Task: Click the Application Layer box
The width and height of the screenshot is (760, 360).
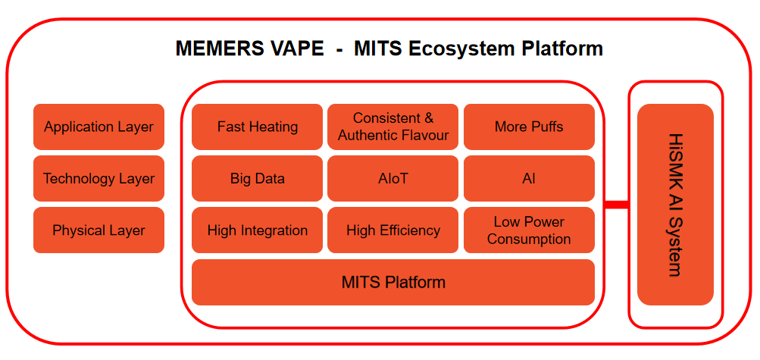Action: pos(99,127)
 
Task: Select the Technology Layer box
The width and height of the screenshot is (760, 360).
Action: pos(99,178)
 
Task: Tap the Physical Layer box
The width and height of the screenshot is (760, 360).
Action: pos(99,230)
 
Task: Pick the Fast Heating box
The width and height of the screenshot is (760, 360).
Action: pos(258,127)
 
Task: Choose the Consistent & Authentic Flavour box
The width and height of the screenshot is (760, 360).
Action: pos(393,127)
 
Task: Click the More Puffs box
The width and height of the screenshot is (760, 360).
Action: pos(530,127)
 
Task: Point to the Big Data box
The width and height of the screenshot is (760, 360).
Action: pos(258,178)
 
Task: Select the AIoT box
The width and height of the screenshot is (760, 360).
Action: pos(393,178)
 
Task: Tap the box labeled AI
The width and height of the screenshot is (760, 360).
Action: pos(530,178)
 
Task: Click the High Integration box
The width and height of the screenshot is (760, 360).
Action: pos(258,230)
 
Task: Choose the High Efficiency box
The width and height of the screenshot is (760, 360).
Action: pos(393,230)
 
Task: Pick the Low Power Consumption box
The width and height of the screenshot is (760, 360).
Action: pos(530,230)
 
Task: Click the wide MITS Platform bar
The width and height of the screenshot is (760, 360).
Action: pos(393,283)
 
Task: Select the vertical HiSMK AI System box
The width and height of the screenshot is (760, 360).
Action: pos(676,205)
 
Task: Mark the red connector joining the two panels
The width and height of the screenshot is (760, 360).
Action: pos(617,205)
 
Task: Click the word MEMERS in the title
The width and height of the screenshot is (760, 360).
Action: pos(220,49)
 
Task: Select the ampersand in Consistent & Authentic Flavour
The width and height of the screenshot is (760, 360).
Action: pos(430,118)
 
